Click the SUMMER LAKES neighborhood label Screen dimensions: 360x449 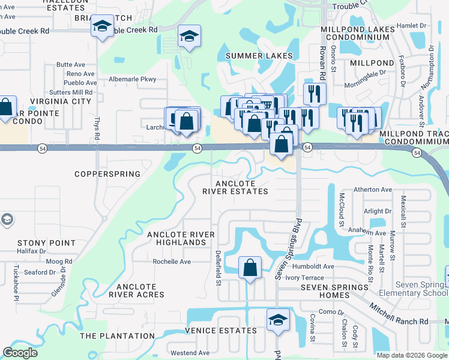pos(259,56)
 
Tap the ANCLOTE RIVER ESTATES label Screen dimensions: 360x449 pos(235,188)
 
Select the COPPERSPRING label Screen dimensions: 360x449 pos(107,174)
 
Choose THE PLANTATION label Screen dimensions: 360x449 pos(117,336)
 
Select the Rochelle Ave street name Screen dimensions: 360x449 pos(172,262)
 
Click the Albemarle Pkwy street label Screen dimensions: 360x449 pos(132,79)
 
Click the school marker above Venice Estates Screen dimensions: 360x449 pos(278,320)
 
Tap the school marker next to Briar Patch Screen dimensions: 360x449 pos(102,27)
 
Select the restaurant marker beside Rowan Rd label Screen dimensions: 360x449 pos(314,93)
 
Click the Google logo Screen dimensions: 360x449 pos(20,353)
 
